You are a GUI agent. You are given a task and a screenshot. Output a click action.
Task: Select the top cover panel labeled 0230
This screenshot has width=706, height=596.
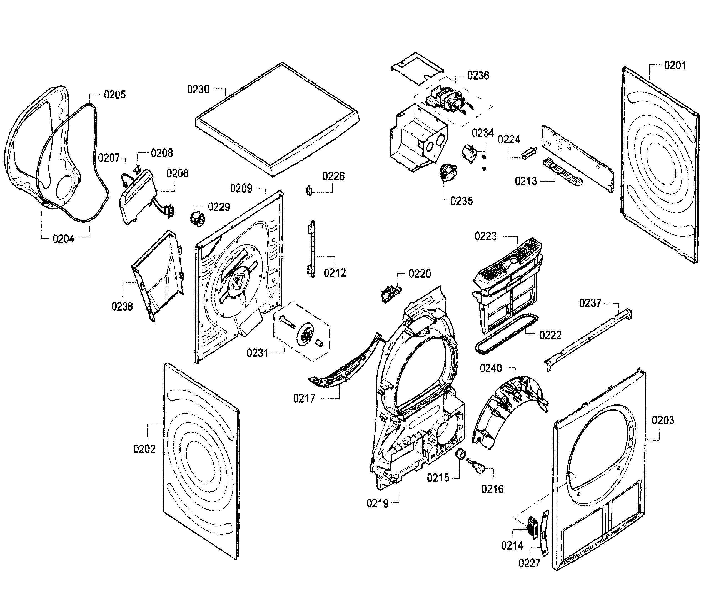[277, 118]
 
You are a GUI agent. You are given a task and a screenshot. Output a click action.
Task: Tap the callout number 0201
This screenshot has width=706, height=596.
[675, 66]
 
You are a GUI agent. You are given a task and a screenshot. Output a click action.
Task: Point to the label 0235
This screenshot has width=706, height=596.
[461, 201]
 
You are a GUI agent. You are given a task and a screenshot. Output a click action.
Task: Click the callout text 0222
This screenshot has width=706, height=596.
[550, 335]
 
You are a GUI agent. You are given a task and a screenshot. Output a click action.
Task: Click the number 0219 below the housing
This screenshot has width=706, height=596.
[378, 504]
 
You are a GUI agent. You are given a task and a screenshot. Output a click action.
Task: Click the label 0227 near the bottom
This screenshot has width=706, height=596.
[529, 563]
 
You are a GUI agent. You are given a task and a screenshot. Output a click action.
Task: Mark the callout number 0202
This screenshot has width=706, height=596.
[144, 449]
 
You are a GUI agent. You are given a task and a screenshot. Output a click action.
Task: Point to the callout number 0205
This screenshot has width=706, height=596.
[114, 95]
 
